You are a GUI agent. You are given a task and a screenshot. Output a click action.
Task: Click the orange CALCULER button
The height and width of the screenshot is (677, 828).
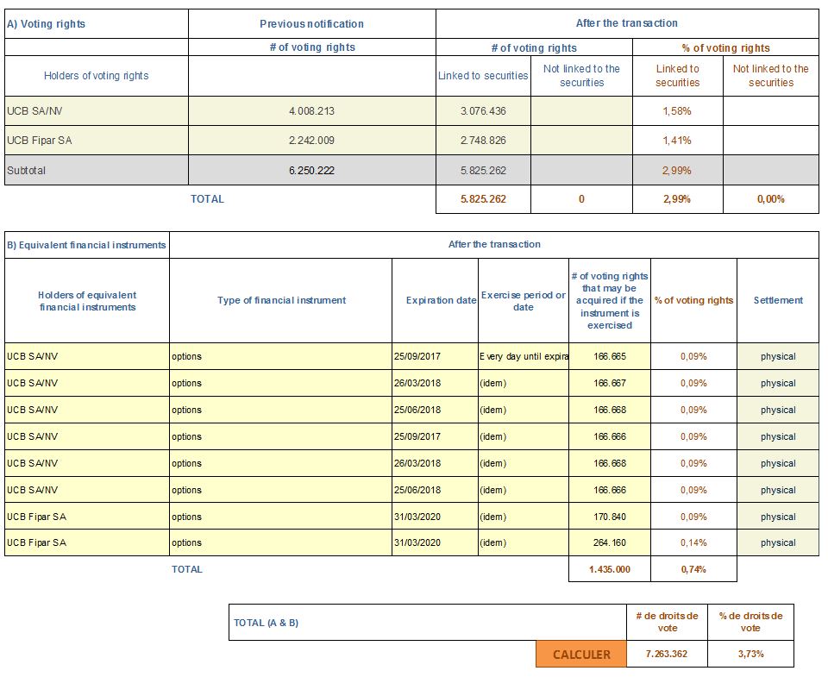pos(580,655)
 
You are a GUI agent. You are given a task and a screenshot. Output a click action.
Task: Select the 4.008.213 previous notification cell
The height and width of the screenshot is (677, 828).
pos(311,111)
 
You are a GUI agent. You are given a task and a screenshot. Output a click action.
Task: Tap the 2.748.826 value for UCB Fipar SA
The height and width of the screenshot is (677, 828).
pos(483,141)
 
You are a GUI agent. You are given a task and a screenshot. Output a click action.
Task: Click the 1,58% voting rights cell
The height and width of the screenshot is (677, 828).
pos(677,111)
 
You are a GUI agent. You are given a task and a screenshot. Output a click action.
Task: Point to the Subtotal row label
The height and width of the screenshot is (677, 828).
pos(27,171)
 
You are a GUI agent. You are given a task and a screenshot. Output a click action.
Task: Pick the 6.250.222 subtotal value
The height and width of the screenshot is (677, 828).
pos(311,171)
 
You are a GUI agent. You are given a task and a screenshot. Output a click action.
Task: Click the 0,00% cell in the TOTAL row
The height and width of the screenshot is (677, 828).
pos(770,199)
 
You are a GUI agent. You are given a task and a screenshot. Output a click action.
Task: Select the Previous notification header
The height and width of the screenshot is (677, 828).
pos(311,24)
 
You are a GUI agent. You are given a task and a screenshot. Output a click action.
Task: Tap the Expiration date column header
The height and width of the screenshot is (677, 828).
pos(441,300)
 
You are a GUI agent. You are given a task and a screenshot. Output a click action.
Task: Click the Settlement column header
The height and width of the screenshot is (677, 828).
pos(778,300)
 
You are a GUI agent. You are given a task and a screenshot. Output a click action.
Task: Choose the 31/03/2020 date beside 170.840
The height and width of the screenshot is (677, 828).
pos(417,517)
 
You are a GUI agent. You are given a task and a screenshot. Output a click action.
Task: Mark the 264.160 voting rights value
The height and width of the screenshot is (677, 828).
pos(610,542)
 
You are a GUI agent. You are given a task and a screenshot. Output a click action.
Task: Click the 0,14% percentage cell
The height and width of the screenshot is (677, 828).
pos(693,542)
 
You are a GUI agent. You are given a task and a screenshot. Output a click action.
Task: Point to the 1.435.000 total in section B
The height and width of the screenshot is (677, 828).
pos(610,569)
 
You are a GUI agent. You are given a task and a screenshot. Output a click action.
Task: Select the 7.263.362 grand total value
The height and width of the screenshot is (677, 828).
pos(667,655)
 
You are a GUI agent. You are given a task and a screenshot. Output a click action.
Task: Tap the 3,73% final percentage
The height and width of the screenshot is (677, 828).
pos(750,655)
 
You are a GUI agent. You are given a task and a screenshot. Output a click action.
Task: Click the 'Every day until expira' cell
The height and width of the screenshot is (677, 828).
pos(524,356)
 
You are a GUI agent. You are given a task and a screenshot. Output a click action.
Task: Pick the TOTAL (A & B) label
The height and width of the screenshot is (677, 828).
pos(266,624)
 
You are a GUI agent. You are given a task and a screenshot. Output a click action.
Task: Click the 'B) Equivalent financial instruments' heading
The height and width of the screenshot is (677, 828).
pos(86,245)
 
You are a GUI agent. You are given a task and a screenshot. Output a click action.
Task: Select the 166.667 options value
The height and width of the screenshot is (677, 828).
pos(610,384)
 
